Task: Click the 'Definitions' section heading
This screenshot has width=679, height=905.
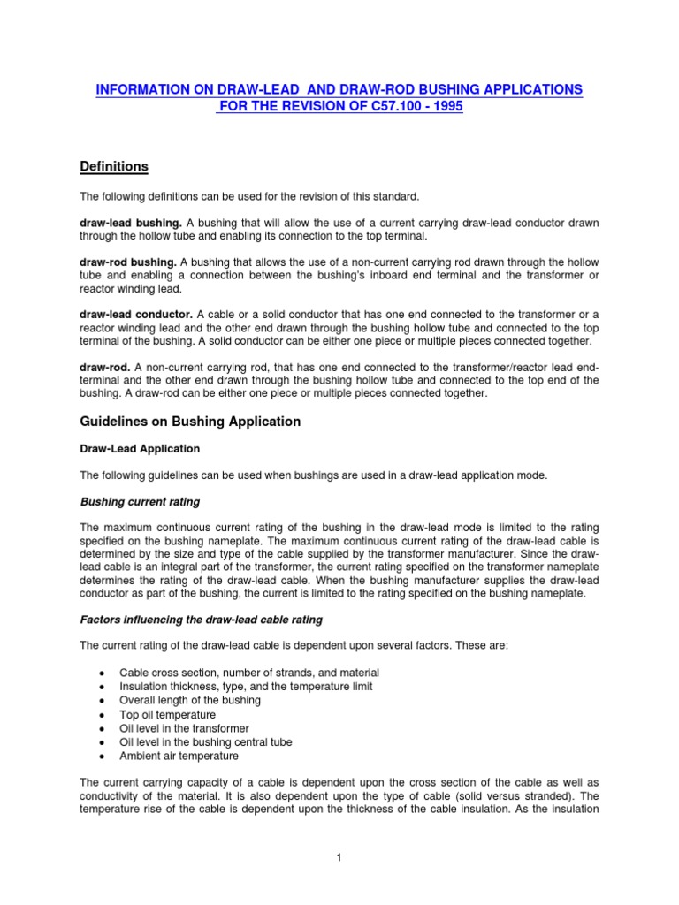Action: [114, 167]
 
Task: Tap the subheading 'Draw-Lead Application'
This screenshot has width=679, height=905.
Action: [140, 449]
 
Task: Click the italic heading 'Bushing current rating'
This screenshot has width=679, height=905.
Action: [140, 502]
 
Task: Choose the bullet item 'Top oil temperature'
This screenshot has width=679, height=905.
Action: [167, 714]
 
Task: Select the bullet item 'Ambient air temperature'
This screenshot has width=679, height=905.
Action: [179, 757]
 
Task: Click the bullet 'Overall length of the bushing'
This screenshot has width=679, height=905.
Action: [190, 700]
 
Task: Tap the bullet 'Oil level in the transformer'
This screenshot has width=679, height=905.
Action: [184, 728]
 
